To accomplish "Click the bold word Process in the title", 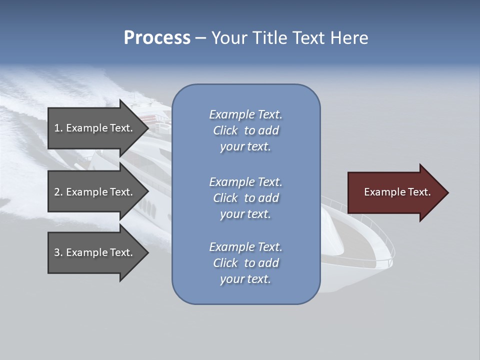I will tap(157, 38).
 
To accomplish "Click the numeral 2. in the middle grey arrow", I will tap(58, 192).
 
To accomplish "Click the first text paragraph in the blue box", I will tap(245, 130).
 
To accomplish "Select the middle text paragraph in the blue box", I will tap(245, 198).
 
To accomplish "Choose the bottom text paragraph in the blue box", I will tap(245, 263).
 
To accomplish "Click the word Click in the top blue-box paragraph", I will tap(225, 130).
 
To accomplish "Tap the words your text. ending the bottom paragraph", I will tap(245, 279).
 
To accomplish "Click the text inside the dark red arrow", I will tap(397, 192).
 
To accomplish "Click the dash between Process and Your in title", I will tap(200, 38).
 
